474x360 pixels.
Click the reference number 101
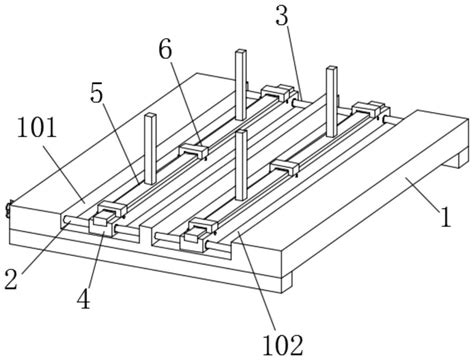click(x=37, y=129)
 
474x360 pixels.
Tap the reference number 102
click(x=283, y=345)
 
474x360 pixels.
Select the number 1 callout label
click(x=446, y=217)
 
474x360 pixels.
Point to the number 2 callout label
click(x=11, y=280)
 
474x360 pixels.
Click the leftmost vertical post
click(x=151, y=149)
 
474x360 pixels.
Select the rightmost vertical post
click(x=332, y=102)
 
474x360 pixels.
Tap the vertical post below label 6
click(x=241, y=165)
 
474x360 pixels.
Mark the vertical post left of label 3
click(x=241, y=85)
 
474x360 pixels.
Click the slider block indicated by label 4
click(x=103, y=225)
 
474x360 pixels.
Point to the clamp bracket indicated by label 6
click(x=194, y=150)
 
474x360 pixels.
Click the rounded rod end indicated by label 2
click(x=67, y=220)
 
